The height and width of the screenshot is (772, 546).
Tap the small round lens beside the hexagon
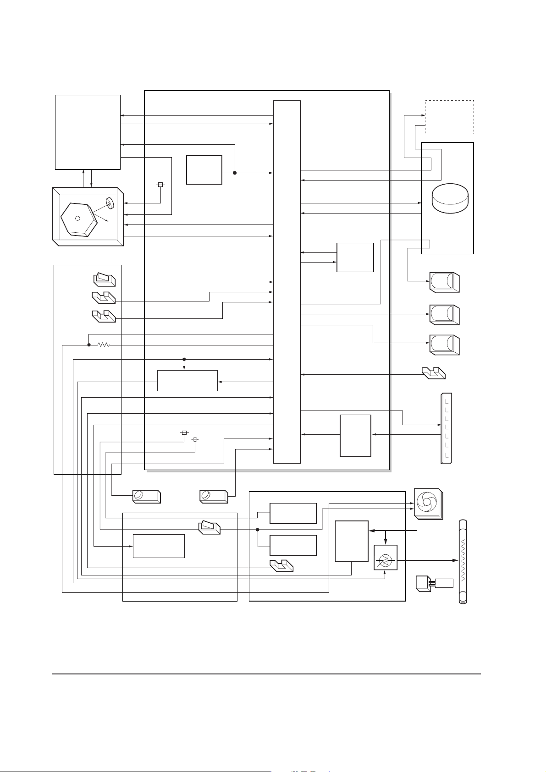click(109, 203)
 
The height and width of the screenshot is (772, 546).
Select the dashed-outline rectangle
click(449, 117)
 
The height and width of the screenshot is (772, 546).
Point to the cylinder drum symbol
click(450, 198)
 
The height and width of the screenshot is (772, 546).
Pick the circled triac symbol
click(385, 560)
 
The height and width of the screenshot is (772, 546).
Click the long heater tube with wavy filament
click(463, 561)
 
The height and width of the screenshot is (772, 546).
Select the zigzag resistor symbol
click(104, 345)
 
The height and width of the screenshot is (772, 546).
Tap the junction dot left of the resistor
click(88, 345)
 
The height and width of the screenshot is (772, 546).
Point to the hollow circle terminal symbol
click(195, 440)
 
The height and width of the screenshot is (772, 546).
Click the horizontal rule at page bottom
click(266, 674)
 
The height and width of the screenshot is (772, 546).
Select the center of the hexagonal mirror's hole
click(77, 218)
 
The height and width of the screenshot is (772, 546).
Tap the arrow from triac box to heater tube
click(426, 560)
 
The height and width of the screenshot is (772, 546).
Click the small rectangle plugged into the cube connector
click(444, 583)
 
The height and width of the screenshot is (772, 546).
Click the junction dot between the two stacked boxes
click(258, 529)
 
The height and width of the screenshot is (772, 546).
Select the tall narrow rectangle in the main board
click(287, 281)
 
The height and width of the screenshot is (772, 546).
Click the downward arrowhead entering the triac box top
click(385, 542)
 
